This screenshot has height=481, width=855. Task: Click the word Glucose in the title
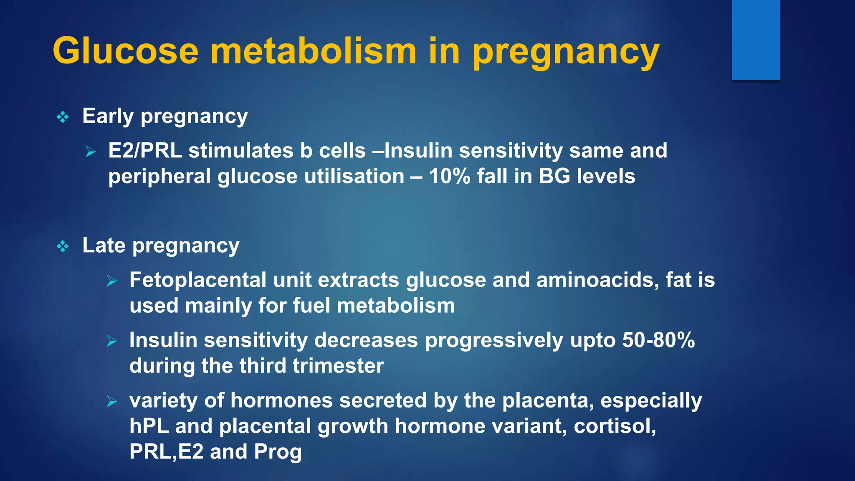[125, 51]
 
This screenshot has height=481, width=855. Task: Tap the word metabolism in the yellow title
[313, 51]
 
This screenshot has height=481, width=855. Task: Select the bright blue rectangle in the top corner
[756, 40]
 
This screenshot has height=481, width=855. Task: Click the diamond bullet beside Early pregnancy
[63, 117]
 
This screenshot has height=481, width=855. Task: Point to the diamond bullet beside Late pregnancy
[63, 246]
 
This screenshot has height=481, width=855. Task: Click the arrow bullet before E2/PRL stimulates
[91, 152]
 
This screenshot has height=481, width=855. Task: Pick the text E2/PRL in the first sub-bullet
[145, 151]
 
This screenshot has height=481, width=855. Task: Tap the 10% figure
[450, 176]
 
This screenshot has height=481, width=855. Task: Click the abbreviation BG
[554, 176]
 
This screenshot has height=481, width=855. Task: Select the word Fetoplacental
[197, 280]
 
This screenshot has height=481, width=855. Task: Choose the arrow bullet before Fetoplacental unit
[112, 281]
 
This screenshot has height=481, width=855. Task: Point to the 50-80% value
[658, 340]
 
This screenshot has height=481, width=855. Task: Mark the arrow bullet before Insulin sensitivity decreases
[112, 341]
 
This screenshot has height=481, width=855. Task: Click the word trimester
[338, 366]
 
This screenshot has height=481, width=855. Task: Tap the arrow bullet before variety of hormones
[112, 401]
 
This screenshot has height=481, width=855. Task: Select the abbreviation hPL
[149, 426]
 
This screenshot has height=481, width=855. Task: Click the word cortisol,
[615, 426]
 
